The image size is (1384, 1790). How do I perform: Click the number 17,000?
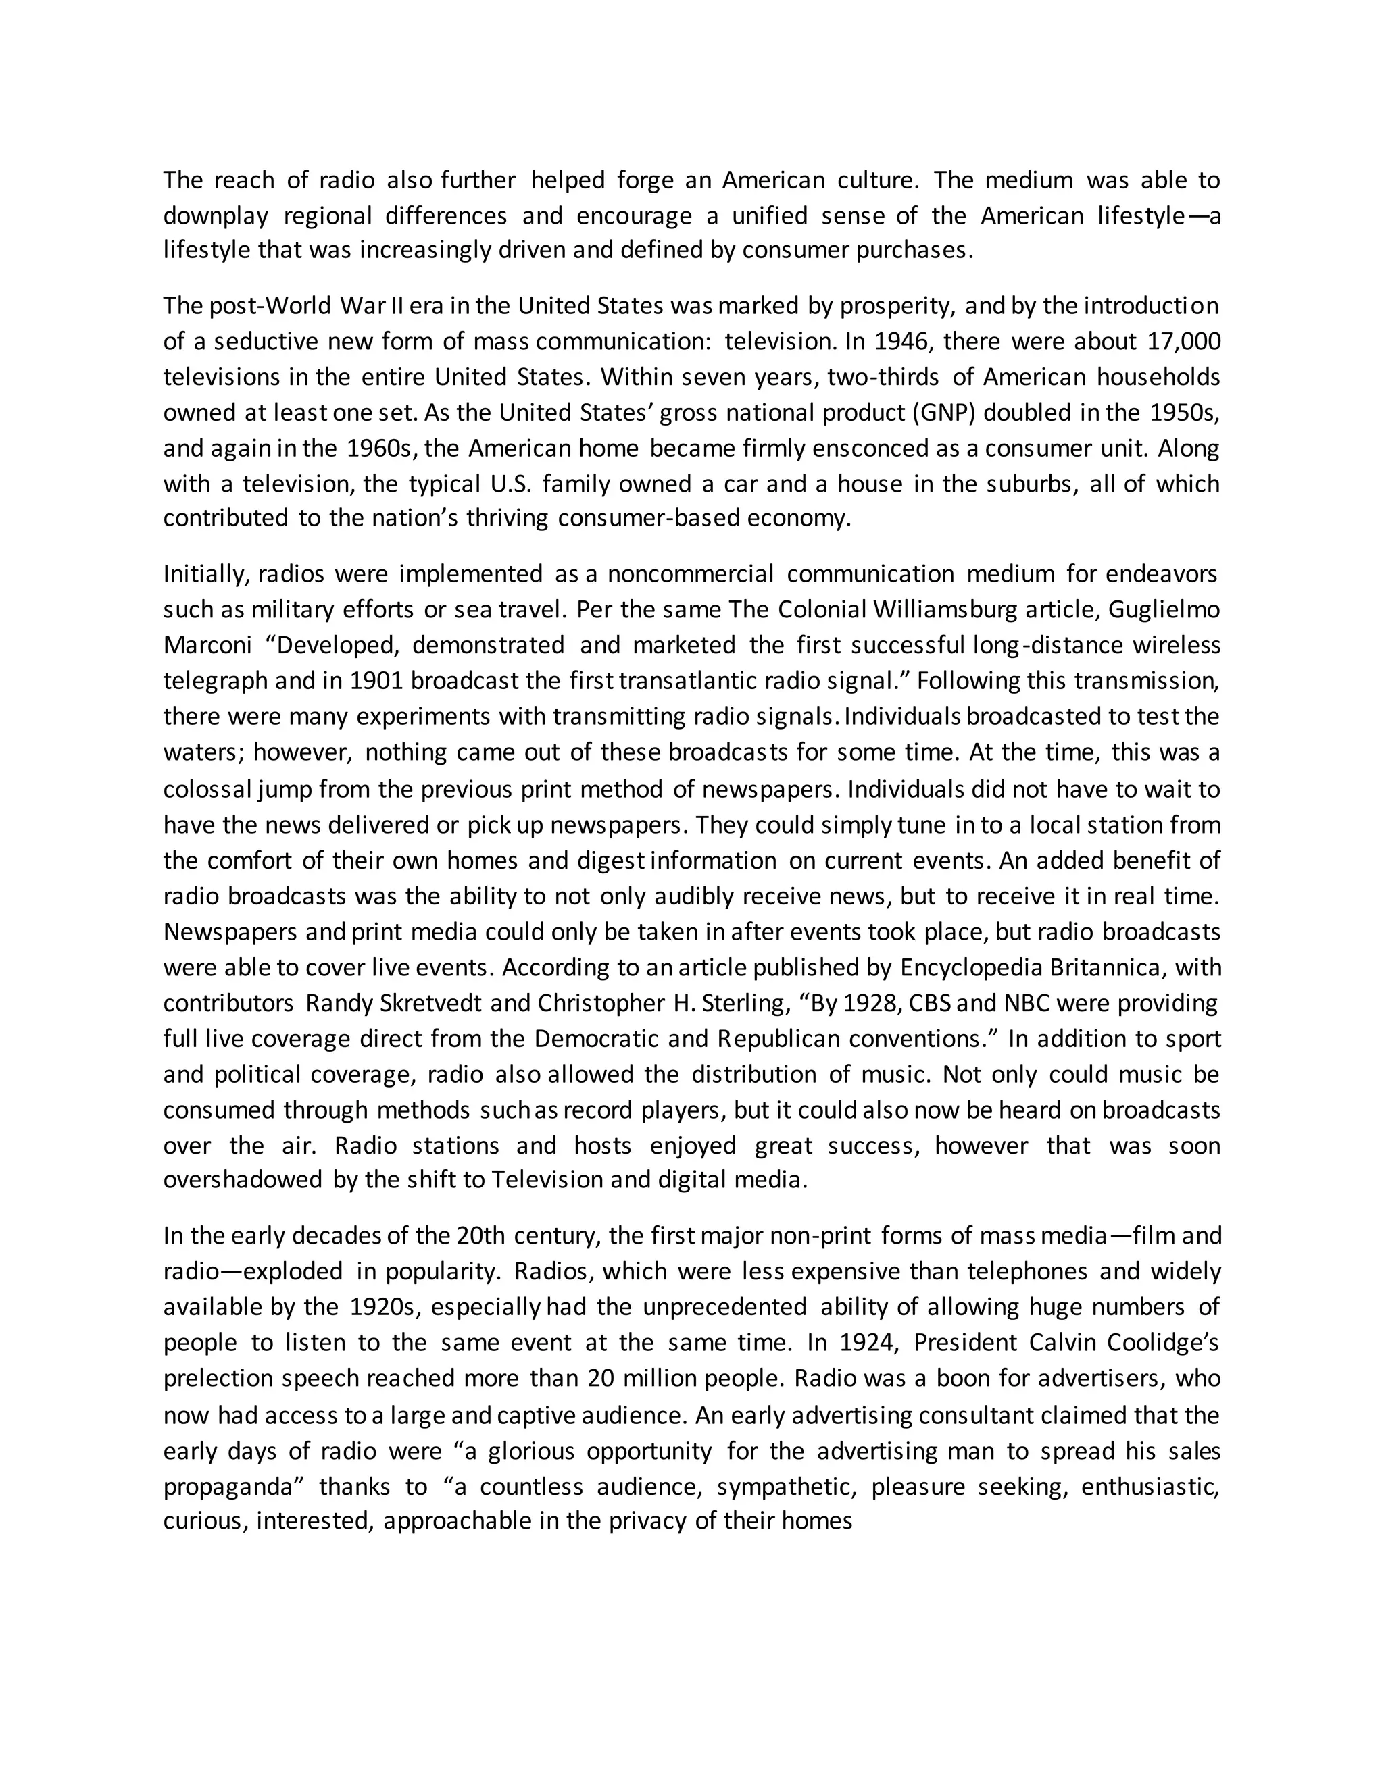pyautogui.click(x=1184, y=342)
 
